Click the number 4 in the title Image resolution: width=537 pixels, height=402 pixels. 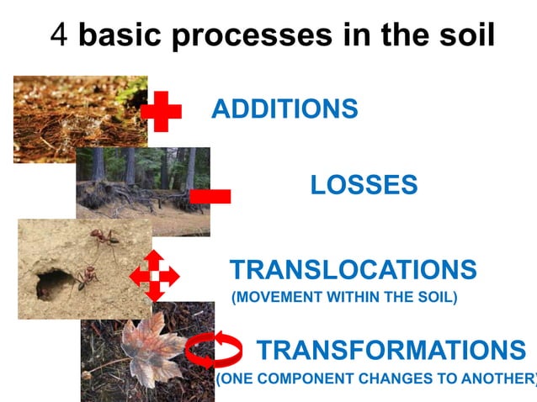(x=59, y=35)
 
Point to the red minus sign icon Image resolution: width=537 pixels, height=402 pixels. (x=210, y=196)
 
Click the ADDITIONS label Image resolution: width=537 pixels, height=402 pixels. (x=284, y=109)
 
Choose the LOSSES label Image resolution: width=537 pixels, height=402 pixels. (x=364, y=186)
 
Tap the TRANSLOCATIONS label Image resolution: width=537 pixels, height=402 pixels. (x=353, y=270)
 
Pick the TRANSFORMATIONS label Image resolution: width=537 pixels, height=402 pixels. (x=391, y=350)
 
